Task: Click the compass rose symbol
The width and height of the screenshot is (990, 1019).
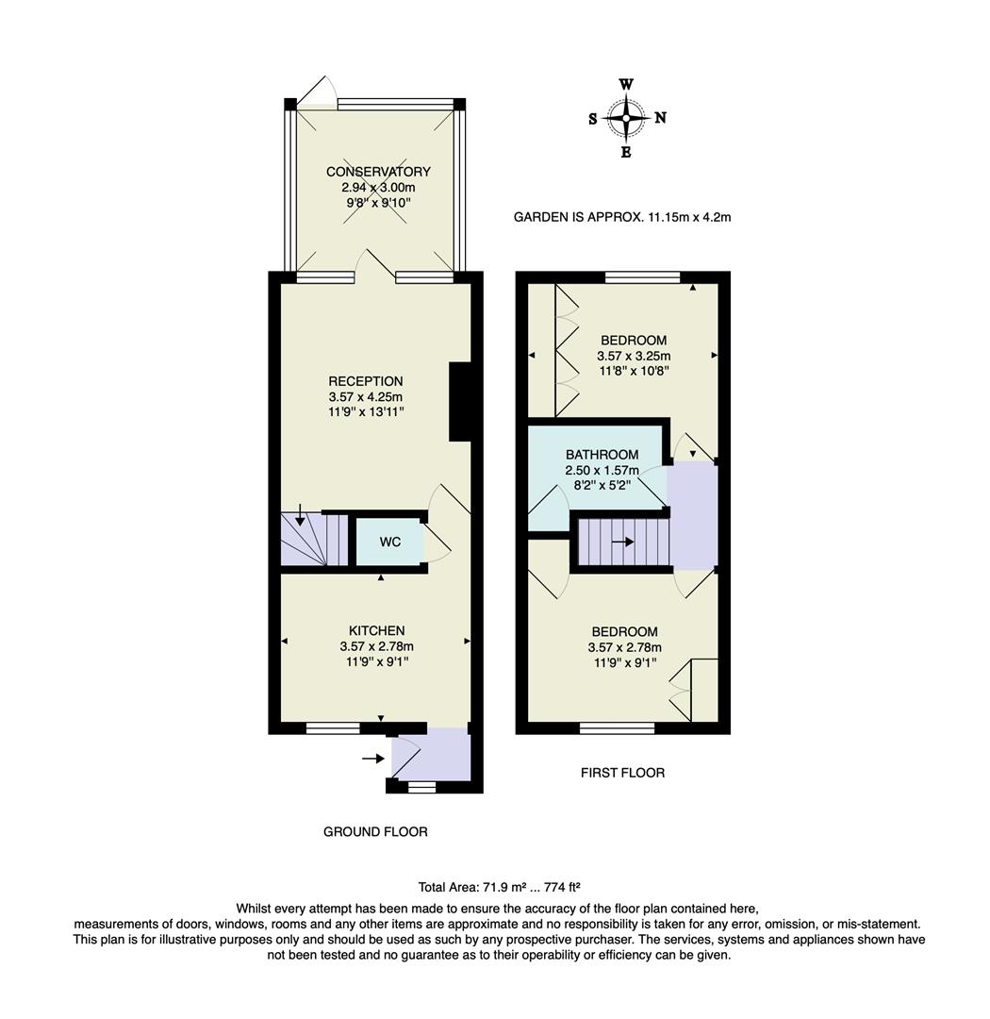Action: pyautogui.click(x=626, y=118)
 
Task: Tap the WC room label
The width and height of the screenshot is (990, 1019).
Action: pyautogui.click(x=390, y=543)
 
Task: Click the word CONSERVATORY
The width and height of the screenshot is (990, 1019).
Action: pyautogui.click(x=378, y=172)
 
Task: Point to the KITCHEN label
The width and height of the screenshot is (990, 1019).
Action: pyautogui.click(x=376, y=630)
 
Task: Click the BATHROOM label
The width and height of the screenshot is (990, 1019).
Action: pyautogui.click(x=602, y=455)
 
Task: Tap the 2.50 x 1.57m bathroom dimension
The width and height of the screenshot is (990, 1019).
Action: pyautogui.click(x=602, y=470)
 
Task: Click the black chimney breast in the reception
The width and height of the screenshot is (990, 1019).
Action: pyautogui.click(x=459, y=402)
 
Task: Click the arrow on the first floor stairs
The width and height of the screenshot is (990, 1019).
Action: pyautogui.click(x=622, y=543)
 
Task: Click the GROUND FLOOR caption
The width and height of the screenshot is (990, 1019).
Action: pyautogui.click(x=375, y=832)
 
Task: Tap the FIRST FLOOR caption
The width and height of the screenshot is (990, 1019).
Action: pyautogui.click(x=622, y=773)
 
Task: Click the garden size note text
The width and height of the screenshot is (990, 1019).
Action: pyautogui.click(x=622, y=217)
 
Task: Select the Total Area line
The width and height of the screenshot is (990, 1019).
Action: pyautogui.click(x=499, y=887)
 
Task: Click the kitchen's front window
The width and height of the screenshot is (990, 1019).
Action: pyautogui.click(x=333, y=727)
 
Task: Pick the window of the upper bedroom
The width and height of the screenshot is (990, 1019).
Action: pyautogui.click(x=641, y=276)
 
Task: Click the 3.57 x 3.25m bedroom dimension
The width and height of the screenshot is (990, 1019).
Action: pyautogui.click(x=633, y=356)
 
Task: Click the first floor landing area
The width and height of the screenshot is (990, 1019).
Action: pyautogui.click(x=693, y=515)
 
